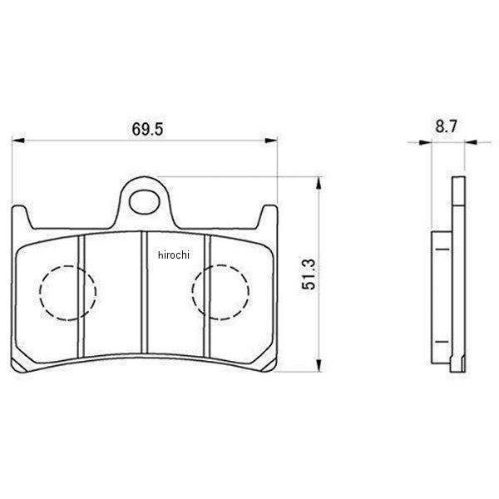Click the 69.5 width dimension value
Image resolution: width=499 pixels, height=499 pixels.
(x=147, y=129)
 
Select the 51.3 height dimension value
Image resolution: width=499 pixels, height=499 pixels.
(x=309, y=274)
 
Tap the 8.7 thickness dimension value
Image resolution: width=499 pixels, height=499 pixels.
(x=446, y=126)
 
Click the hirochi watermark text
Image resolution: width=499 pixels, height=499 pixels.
(x=174, y=255)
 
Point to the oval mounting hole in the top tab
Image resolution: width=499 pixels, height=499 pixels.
(x=144, y=202)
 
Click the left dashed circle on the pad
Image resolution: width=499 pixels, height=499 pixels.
(x=67, y=265)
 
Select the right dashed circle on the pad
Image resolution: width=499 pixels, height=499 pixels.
(x=220, y=264)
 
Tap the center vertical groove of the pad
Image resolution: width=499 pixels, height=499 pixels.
(x=145, y=292)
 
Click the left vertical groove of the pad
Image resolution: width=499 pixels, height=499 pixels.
(x=82, y=296)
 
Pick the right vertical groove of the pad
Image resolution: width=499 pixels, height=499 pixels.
(x=207, y=296)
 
